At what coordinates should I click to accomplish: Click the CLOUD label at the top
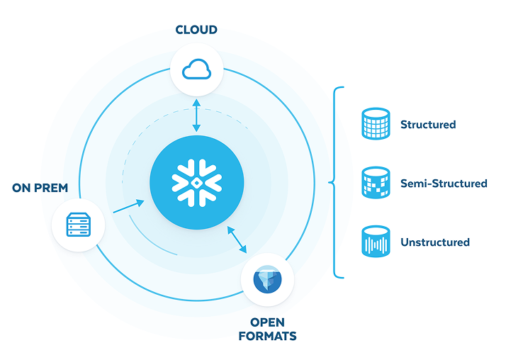[x=196, y=30]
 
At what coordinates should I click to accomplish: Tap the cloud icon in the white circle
[x=196, y=69]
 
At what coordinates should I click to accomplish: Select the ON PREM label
[x=40, y=188]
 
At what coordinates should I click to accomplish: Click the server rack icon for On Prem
[x=79, y=226]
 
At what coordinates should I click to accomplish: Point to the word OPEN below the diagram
[x=267, y=323]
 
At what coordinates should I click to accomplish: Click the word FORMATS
[x=267, y=336]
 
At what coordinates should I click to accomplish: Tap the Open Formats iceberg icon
[x=267, y=279]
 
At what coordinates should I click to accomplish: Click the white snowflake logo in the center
[x=196, y=182]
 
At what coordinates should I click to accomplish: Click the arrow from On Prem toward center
[x=128, y=206]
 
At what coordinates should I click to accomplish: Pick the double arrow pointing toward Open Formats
[x=237, y=240]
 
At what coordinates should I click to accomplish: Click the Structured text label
[x=427, y=125]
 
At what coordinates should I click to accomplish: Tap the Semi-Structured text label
[x=444, y=184]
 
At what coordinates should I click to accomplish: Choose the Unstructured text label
[x=434, y=242]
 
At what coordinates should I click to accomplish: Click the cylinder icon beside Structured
[x=375, y=125]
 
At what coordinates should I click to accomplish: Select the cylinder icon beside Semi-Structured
[x=375, y=183]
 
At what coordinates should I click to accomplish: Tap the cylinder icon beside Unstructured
[x=375, y=242]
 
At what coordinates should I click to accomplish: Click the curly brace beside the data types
[x=335, y=182]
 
